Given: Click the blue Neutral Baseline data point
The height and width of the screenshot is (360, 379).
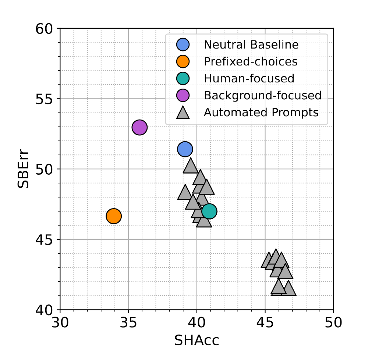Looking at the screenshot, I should tap(185, 149).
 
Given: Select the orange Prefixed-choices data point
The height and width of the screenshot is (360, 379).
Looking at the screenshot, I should tap(114, 216).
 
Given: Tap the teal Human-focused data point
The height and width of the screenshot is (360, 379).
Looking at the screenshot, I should tap(209, 211).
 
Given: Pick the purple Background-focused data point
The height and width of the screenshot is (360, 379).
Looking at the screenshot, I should tap(139, 128).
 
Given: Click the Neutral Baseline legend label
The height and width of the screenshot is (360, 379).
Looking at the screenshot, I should tap(251, 45).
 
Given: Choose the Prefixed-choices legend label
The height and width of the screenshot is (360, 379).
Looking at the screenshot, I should tap(251, 62).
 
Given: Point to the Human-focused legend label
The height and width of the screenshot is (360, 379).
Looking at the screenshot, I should tap(249, 79).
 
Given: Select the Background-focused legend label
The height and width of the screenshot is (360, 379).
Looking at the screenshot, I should tap(263, 95).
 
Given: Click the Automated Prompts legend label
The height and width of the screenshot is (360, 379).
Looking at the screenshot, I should tap(261, 112).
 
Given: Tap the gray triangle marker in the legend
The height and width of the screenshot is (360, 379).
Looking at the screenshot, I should tap(183, 113).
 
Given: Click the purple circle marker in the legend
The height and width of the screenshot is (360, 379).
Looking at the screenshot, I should tap(183, 95).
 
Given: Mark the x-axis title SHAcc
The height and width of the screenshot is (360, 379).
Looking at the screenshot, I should tap(196, 341).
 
